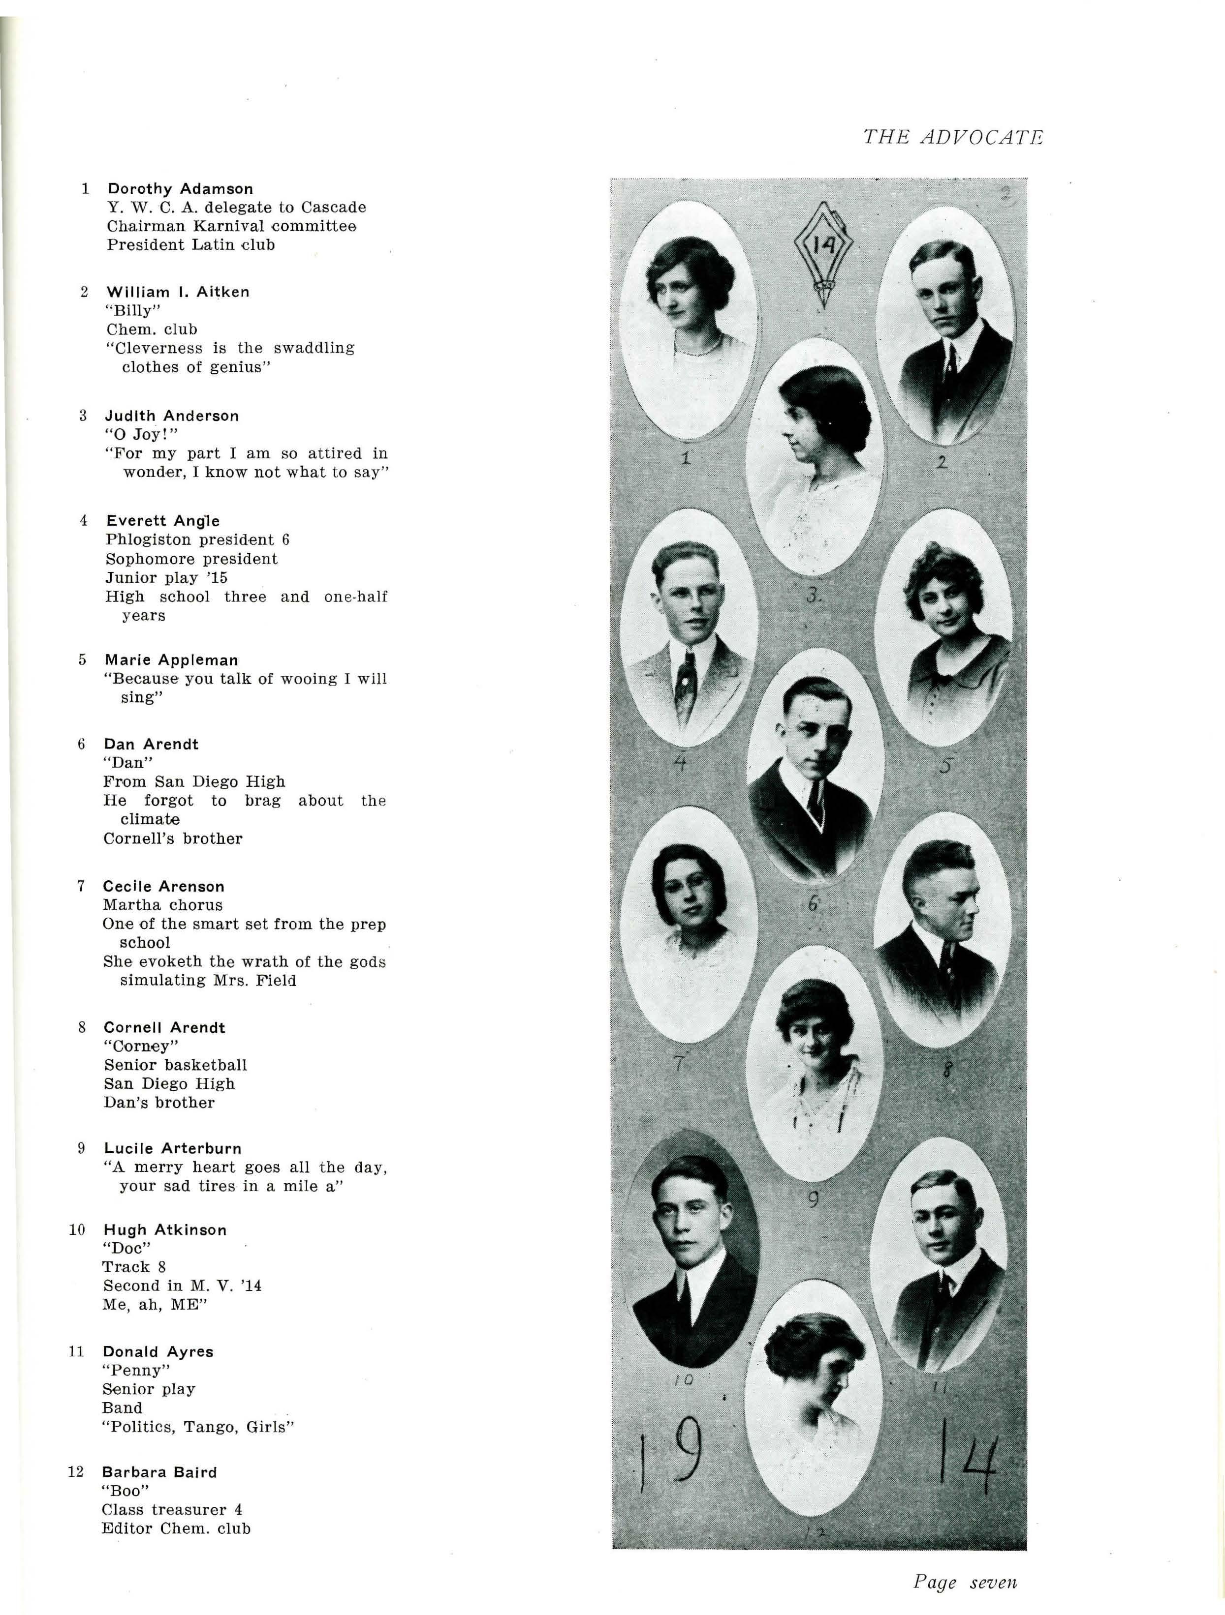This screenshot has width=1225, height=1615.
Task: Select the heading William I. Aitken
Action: click(178, 292)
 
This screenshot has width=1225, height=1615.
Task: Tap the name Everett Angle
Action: click(162, 521)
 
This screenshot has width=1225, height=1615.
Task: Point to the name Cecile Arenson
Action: click(163, 886)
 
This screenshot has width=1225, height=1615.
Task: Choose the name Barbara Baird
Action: click(159, 1472)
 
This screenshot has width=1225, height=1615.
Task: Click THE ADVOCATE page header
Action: click(952, 137)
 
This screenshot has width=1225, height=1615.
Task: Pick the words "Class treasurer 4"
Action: click(172, 1510)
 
